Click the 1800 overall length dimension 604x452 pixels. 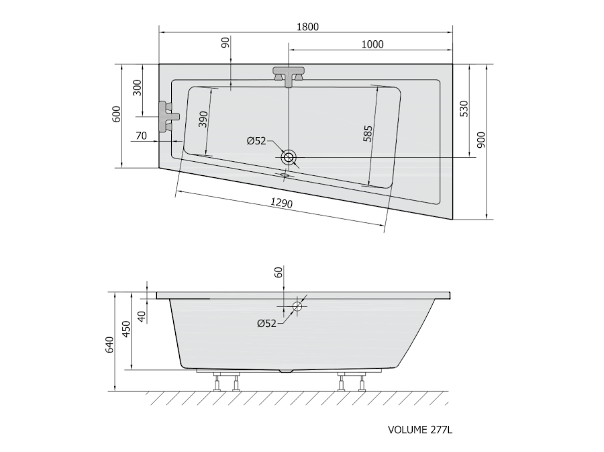click(308, 27)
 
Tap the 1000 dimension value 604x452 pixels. click(372, 44)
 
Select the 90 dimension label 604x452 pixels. click(225, 42)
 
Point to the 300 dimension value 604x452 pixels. click(137, 88)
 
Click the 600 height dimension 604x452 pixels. click(116, 114)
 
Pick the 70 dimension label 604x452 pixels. click(142, 136)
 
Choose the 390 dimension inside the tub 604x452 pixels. click(203, 120)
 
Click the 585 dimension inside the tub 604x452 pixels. click(368, 134)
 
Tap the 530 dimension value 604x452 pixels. click(464, 109)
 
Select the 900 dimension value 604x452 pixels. click(481, 140)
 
